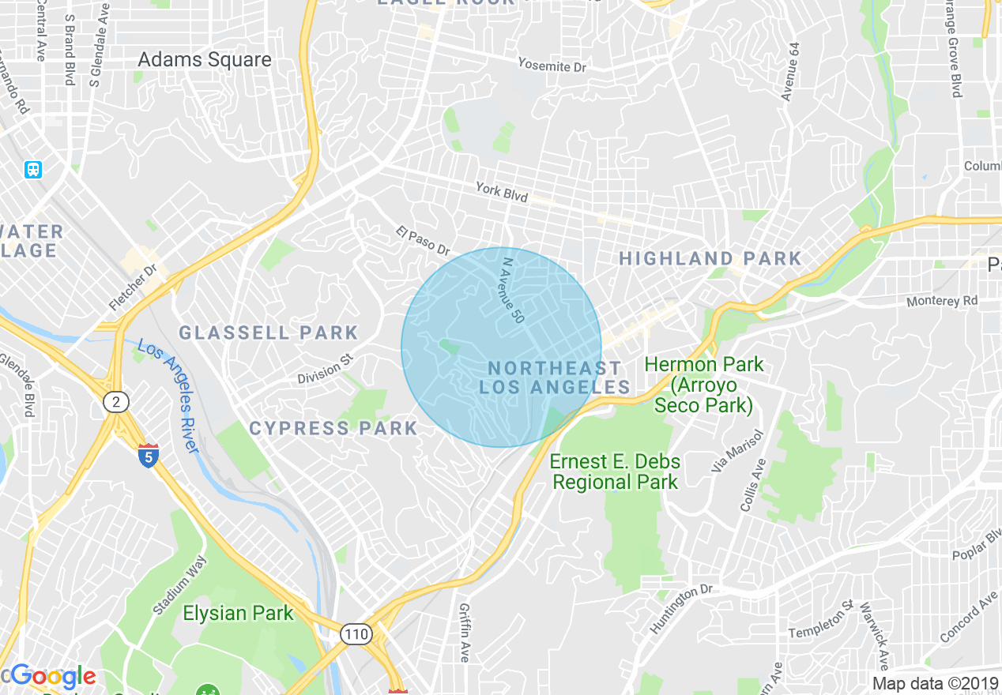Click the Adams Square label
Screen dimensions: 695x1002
(204, 60)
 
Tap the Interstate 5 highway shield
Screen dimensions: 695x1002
(148, 455)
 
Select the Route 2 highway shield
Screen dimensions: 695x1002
(115, 403)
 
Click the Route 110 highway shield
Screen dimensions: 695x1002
(356, 634)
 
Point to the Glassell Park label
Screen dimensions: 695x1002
(269, 332)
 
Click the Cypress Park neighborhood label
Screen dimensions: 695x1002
(333, 428)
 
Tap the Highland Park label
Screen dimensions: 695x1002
(710, 258)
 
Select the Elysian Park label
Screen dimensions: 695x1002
(238, 613)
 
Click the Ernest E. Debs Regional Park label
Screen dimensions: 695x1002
(615, 471)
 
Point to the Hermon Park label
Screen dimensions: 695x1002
(703, 385)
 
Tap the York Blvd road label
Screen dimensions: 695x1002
(501, 191)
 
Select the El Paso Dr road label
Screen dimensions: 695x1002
(423, 240)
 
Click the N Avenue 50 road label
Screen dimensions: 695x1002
(512, 290)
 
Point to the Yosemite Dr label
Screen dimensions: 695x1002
(552, 65)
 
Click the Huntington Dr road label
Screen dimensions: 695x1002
(680, 608)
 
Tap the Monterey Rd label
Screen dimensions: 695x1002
(942, 301)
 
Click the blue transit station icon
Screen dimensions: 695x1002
(33, 169)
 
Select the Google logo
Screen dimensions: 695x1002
(53, 677)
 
